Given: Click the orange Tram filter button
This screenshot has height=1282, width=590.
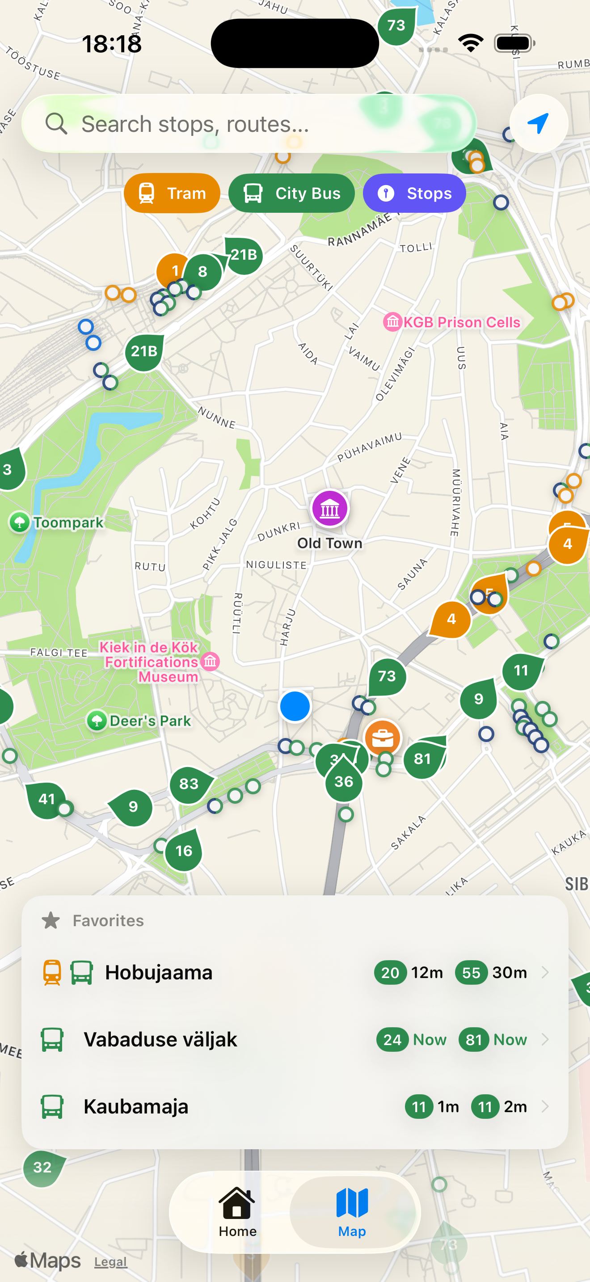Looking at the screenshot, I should (172, 193).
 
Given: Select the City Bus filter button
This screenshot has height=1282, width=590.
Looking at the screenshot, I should (291, 193).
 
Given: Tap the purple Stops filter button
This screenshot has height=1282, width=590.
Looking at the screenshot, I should (414, 193).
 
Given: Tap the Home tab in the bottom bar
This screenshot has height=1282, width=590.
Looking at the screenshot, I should (237, 1212).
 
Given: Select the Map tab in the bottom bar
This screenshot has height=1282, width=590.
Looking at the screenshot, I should (352, 1212).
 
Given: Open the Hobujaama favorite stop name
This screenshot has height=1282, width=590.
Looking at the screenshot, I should (159, 972).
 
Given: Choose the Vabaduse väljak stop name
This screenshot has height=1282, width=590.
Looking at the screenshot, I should (160, 1040).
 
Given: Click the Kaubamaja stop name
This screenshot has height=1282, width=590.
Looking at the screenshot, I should (136, 1107).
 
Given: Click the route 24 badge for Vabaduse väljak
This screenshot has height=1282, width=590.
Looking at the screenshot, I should (392, 1040).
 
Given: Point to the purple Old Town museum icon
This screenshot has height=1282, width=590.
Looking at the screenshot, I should (329, 509).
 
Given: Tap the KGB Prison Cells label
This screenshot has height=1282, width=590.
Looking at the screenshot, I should (461, 322).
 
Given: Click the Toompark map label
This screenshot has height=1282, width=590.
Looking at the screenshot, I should (68, 523).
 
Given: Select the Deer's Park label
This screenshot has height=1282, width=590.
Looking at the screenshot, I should (149, 721).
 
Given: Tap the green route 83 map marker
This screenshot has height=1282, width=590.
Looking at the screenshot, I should (189, 784).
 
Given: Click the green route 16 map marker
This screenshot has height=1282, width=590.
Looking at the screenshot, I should (184, 851).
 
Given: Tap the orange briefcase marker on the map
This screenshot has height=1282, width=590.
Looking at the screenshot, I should (383, 738).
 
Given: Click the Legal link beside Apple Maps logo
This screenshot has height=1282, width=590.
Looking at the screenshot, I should (110, 1261).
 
